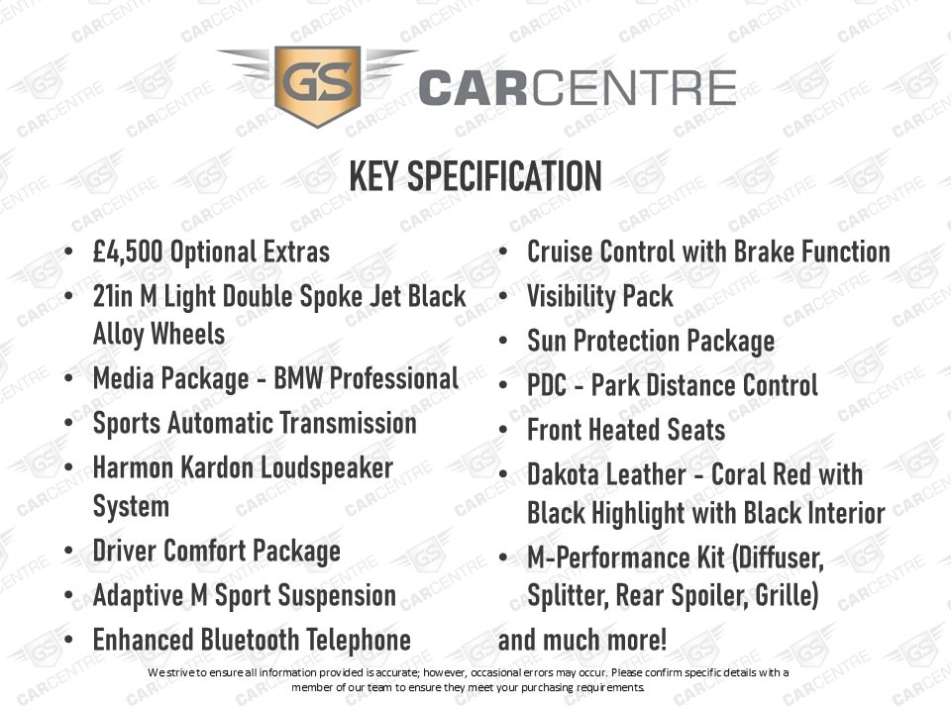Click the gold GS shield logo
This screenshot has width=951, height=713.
click(x=318, y=85)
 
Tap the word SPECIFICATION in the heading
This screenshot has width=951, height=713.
click(x=504, y=176)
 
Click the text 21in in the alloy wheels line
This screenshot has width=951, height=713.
click(x=112, y=296)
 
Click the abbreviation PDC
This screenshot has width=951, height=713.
click(x=547, y=385)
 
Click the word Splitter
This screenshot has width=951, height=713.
click(x=568, y=595)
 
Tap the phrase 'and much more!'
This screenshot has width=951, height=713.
click(x=582, y=640)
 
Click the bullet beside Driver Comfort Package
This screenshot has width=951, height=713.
click(x=68, y=552)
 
